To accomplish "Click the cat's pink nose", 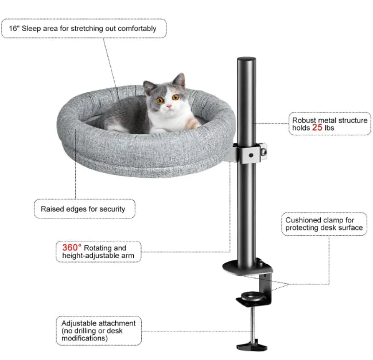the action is [x=169, y=106].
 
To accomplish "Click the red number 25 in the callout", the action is [x=317, y=127].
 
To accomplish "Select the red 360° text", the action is [x=72, y=248].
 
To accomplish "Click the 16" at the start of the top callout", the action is [x=14, y=28].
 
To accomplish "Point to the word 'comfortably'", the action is [x=137, y=29].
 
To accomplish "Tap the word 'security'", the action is [x=112, y=209].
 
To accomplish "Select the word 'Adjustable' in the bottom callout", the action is [x=79, y=324].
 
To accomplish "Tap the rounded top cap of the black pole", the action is [x=246, y=60].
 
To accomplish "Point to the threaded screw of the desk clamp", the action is [x=253, y=323].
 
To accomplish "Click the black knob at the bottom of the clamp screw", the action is [x=252, y=346].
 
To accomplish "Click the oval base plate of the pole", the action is [x=247, y=267].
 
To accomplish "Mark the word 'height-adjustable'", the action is [x=84, y=256].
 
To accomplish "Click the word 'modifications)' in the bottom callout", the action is [x=85, y=338].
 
